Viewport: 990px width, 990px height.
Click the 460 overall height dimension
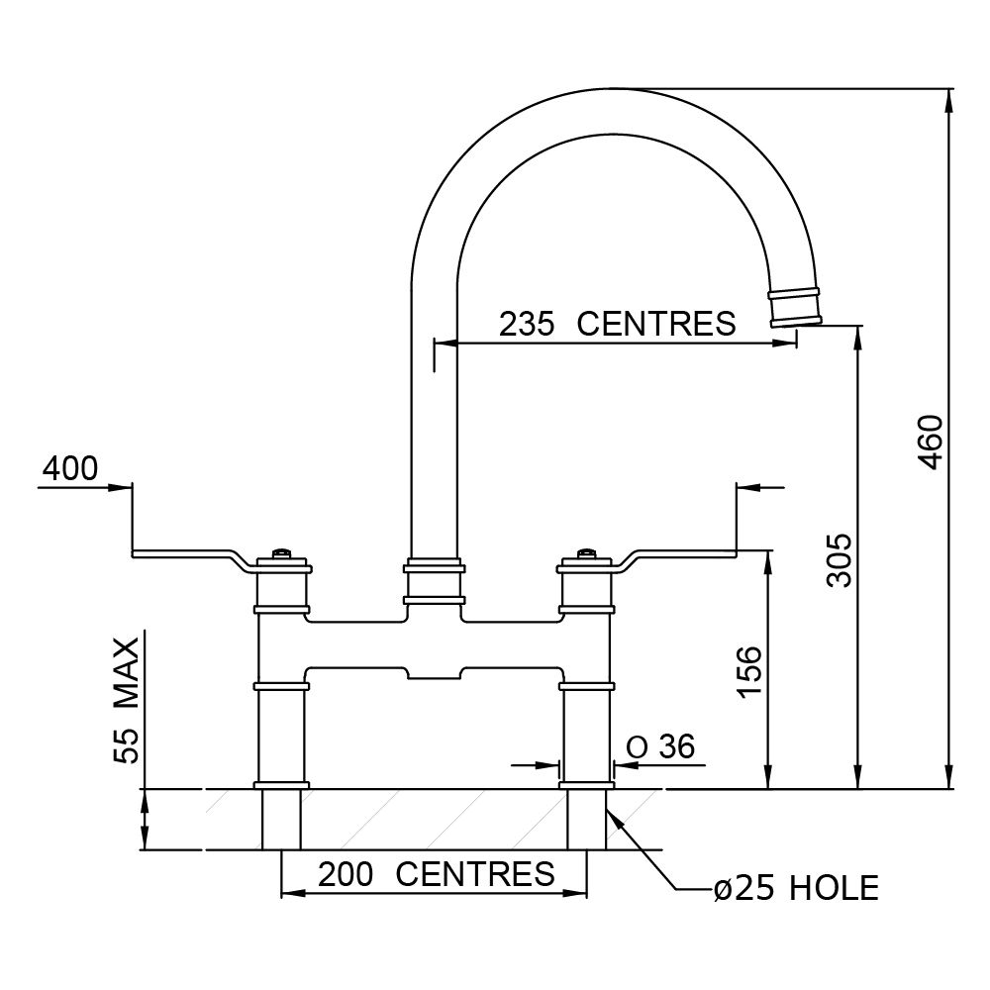coord(930,442)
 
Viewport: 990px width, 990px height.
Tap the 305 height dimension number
coord(840,560)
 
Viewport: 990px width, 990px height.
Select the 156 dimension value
coord(750,670)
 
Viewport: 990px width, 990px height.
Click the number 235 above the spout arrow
coord(528,324)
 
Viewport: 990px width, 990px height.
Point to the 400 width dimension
coord(70,468)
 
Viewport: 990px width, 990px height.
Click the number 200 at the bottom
coord(346,874)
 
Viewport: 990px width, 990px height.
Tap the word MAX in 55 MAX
coord(127,672)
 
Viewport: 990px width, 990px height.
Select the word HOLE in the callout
coord(834,888)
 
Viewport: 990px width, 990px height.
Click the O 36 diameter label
coord(661,746)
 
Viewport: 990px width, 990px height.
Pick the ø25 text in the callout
coord(744,888)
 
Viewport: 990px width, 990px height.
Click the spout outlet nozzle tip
coord(794,308)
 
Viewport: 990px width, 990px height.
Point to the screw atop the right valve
coord(585,553)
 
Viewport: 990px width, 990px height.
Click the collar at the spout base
coord(435,581)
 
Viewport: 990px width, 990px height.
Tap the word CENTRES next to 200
coord(475,874)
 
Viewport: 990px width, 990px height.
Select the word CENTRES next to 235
coord(656,324)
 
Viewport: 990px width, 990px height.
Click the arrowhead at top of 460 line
coord(949,101)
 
